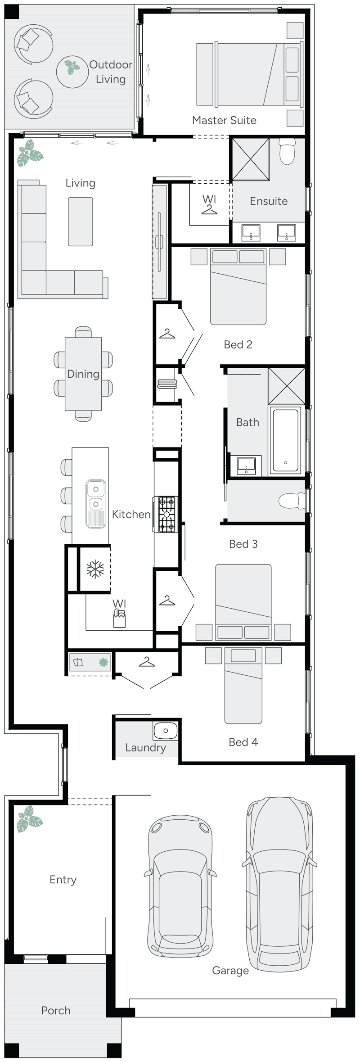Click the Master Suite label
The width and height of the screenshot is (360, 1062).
coord(224,120)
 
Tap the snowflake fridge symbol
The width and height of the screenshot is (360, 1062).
coord(95,569)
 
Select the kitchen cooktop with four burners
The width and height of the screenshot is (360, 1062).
coord(166,514)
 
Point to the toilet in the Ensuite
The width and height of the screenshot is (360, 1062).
coord(287,152)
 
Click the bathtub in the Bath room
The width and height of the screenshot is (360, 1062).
coord(285,439)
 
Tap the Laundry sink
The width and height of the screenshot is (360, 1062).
coord(165,731)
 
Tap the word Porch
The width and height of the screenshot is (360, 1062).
coord(56,1011)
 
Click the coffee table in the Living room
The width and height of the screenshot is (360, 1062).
coord(81,221)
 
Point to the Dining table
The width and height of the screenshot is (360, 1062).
coord(83,374)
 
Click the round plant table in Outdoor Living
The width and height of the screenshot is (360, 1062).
coord(72,71)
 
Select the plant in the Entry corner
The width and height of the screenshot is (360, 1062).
coord(29,819)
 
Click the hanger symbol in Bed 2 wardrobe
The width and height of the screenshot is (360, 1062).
coord(167,334)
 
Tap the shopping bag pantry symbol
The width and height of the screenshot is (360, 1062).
coord(119,619)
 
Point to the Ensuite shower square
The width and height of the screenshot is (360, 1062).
coord(250,159)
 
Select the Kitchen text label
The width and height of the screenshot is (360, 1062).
coord(131,514)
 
